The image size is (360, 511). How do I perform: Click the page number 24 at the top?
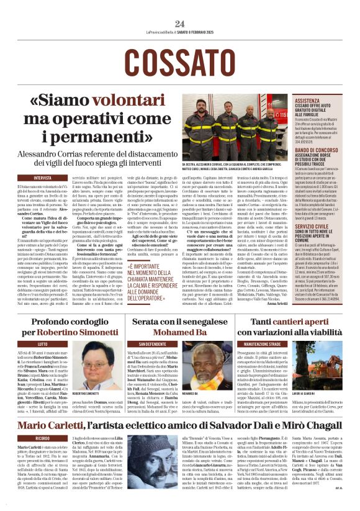(x=180, y=24)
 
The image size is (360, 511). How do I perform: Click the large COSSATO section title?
(x=179, y=61)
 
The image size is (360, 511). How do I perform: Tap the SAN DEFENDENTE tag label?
(x=152, y=343)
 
